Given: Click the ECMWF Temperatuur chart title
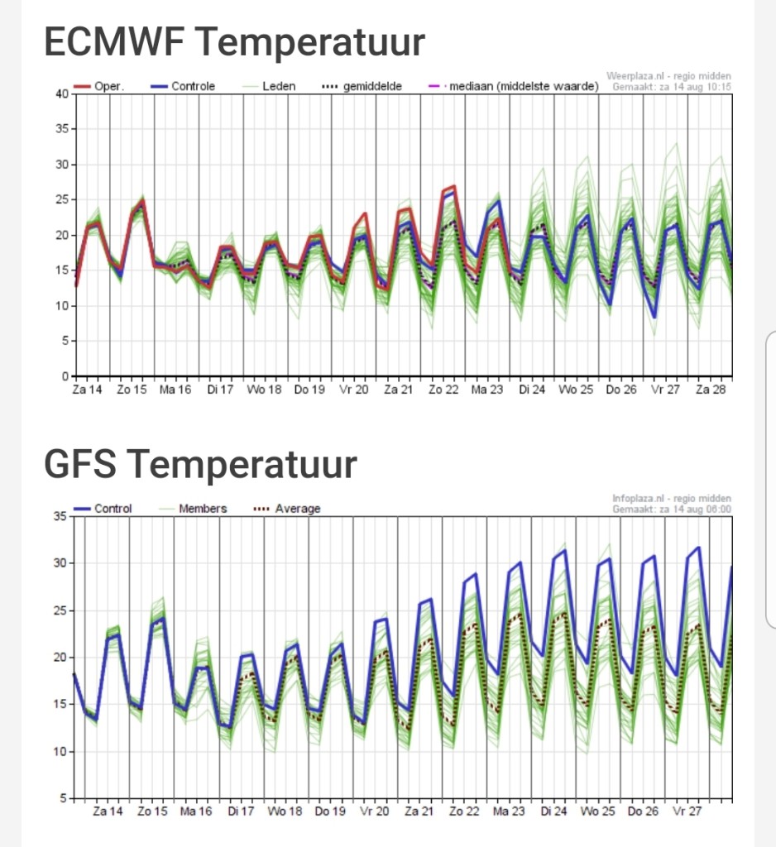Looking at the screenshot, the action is pyautogui.click(x=234, y=41).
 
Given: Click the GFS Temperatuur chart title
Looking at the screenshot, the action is pyautogui.click(x=200, y=464).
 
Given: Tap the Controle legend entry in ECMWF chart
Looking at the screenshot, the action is pyautogui.click(x=183, y=86).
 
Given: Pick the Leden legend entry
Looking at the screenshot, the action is pyautogui.click(x=269, y=86).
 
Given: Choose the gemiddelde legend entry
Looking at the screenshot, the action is pyautogui.click(x=362, y=86).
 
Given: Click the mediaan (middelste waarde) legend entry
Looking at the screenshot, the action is pyautogui.click(x=514, y=86).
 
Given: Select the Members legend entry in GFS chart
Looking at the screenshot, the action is pyautogui.click(x=193, y=509).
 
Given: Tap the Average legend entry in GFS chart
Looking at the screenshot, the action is pyautogui.click(x=287, y=509).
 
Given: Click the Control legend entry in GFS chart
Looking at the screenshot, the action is pyautogui.click(x=103, y=509).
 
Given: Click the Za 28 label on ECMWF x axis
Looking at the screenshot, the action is pyautogui.click(x=711, y=390).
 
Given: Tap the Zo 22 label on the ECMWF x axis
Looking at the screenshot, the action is pyautogui.click(x=443, y=390).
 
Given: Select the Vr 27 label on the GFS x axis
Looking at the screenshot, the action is pyautogui.click(x=687, y=811).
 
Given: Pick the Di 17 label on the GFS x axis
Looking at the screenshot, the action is pyautogui.click(x=241, y=811).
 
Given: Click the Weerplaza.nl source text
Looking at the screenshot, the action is pyautogui.click(x=669, y=76).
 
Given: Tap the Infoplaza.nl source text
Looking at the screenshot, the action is pyautogui.click(x=672, y=499).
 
